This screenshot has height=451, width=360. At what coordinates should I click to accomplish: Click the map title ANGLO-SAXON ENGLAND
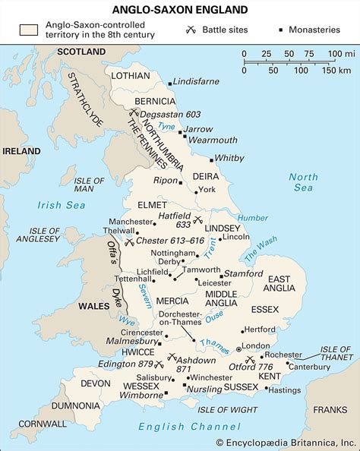[179, 10]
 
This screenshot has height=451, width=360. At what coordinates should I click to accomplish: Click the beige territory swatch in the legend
[30, 30]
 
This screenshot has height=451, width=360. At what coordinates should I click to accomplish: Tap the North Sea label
[304, 182]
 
